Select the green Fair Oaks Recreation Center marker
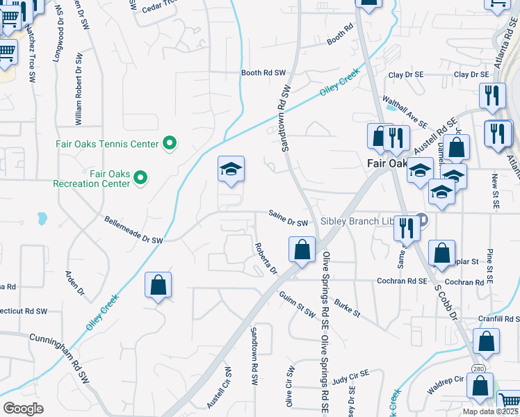coord(141,179)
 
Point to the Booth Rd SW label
coord(263,73)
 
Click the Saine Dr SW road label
coord(289,222)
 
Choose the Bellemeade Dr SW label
coord(133,229)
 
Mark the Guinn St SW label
coord(297,304)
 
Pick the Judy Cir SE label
coord(350,381)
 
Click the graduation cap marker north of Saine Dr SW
coord(231,170)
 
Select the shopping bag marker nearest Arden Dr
coord(159,285)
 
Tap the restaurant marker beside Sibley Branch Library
coord(406,227)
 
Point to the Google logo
coord(23,409)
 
